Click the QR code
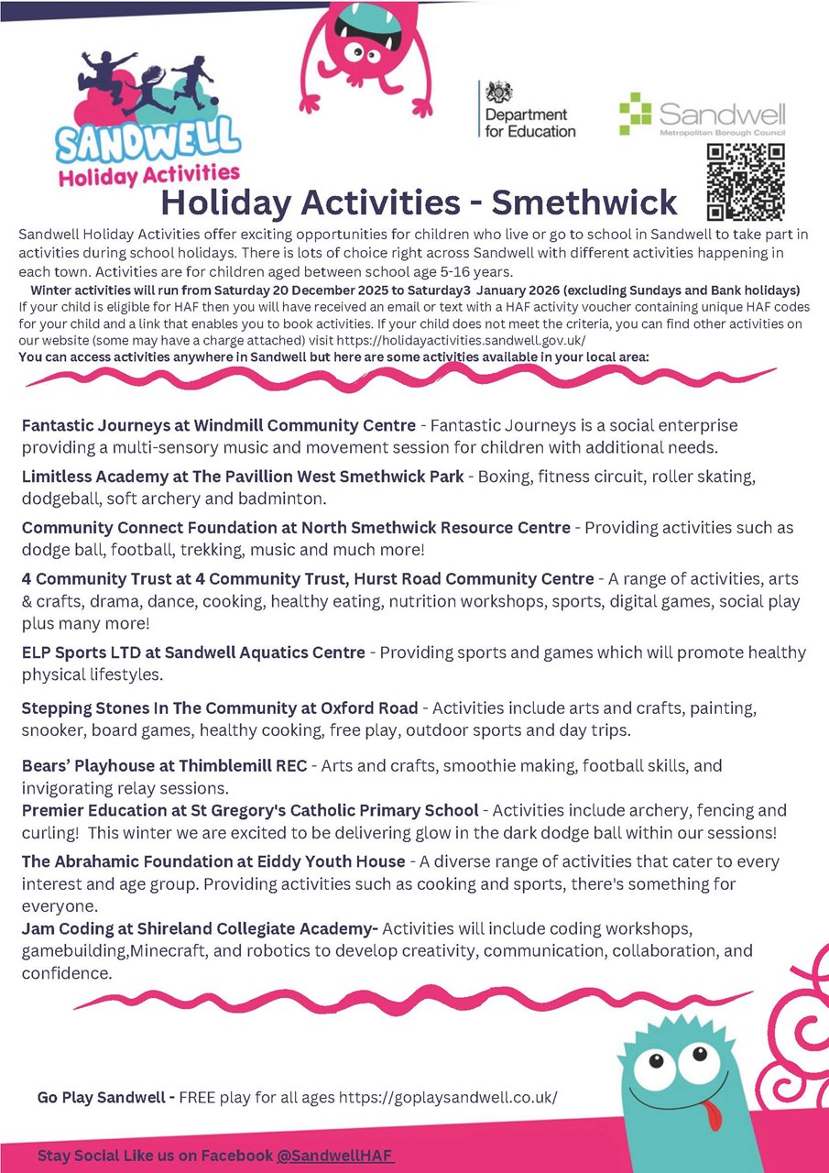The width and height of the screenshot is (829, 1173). [x=746, y=182]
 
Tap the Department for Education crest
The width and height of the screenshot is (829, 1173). [x=500, y=92]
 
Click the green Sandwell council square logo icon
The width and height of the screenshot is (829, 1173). [x=635, y=113]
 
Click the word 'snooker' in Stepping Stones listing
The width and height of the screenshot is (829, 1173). [x=51, y=730]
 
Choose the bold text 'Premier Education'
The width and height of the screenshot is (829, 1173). [x=95, y=810]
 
